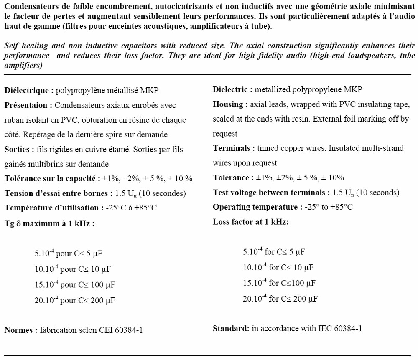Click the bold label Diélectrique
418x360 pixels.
pos(27,90)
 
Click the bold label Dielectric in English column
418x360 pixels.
pos(231,89)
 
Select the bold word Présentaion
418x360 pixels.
pos(27,105)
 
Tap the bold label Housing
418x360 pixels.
pos(227,104)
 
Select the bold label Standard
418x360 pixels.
pos(230,328)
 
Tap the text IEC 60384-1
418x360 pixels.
pos(339,328)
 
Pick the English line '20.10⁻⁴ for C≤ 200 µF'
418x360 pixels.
pos(280,299)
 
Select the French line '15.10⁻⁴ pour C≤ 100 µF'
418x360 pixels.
pos(75,285)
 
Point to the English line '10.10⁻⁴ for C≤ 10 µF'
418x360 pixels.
pos(278,267)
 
